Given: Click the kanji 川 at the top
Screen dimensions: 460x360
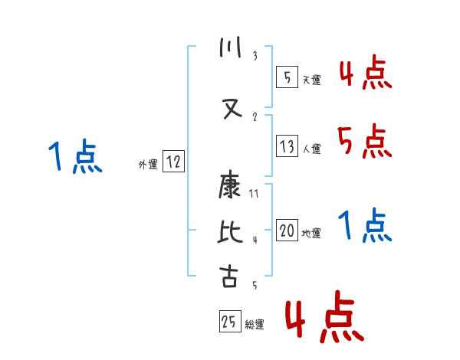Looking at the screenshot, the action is pos(228,50).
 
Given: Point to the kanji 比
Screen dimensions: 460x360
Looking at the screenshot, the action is pos(228,231).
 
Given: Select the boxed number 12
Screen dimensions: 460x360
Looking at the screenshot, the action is pos(174,162).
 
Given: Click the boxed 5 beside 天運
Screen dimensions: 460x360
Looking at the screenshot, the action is pos(287,77).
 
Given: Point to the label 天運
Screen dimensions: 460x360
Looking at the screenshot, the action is pos(312,80).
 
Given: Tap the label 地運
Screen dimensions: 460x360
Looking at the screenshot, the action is pos(312,234).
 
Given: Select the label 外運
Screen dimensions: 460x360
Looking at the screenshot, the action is pos(147,163).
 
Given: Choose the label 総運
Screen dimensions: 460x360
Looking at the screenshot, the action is pos(255,325).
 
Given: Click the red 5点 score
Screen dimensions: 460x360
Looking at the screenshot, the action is pos(364,142).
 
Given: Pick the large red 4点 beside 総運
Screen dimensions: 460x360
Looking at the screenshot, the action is pos(324,319).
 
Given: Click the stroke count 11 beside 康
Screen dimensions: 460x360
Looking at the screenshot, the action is pos(255,194).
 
